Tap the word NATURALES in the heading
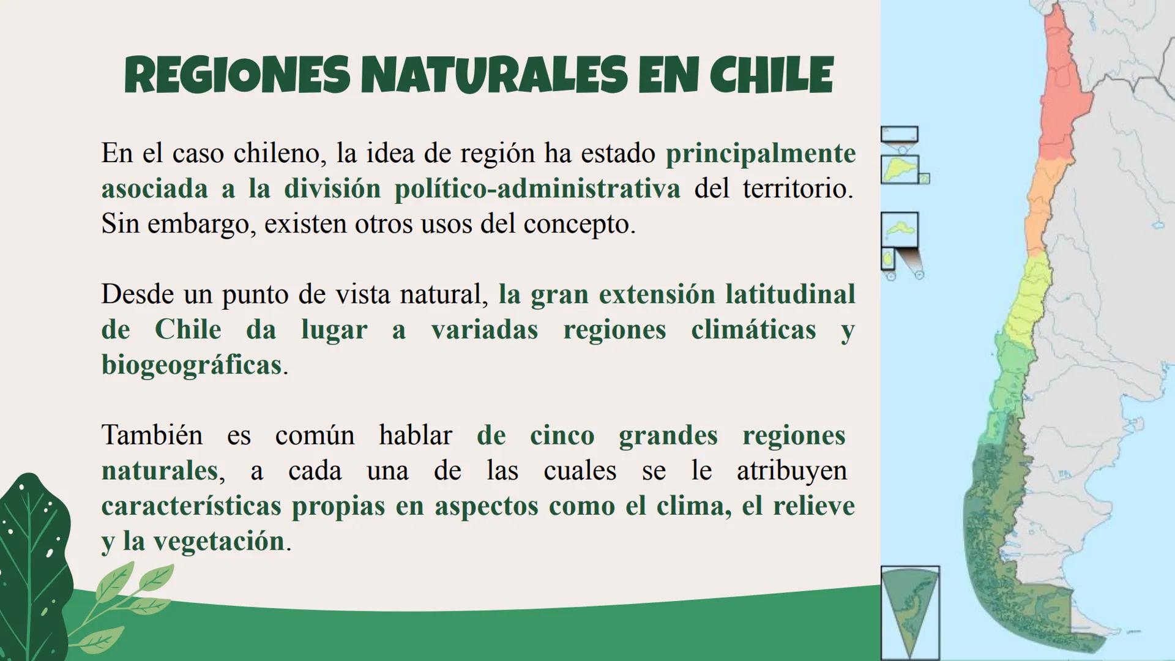point(494,75)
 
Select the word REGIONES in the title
point(237,75)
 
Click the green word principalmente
point(760,153)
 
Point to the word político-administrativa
point(537,189)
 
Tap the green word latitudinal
point(789,294)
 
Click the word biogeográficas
point(192,365)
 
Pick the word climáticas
point(753,330)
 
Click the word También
point(152,436)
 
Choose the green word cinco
point(562,436)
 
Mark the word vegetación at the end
point(218,542)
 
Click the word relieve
point(813,506)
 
